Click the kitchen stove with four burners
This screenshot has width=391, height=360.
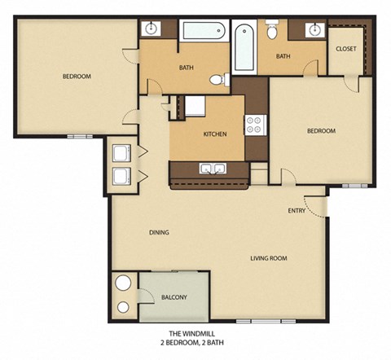[254, 125]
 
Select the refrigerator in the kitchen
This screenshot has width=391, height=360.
[195, 107]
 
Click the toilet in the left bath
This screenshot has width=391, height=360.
[218, 80]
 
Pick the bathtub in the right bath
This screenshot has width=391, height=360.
[243, 47]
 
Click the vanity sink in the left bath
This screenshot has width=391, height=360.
[151, 29]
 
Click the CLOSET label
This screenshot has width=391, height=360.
[346, 49]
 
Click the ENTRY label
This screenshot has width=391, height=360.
[297, 211]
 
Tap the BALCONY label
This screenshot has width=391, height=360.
[174, 297]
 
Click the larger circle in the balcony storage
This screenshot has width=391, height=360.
[123, 284]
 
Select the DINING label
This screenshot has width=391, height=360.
[159, 232]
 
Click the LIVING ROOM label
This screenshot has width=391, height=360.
[268, 258]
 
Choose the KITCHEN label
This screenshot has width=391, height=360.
[214, 134]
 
